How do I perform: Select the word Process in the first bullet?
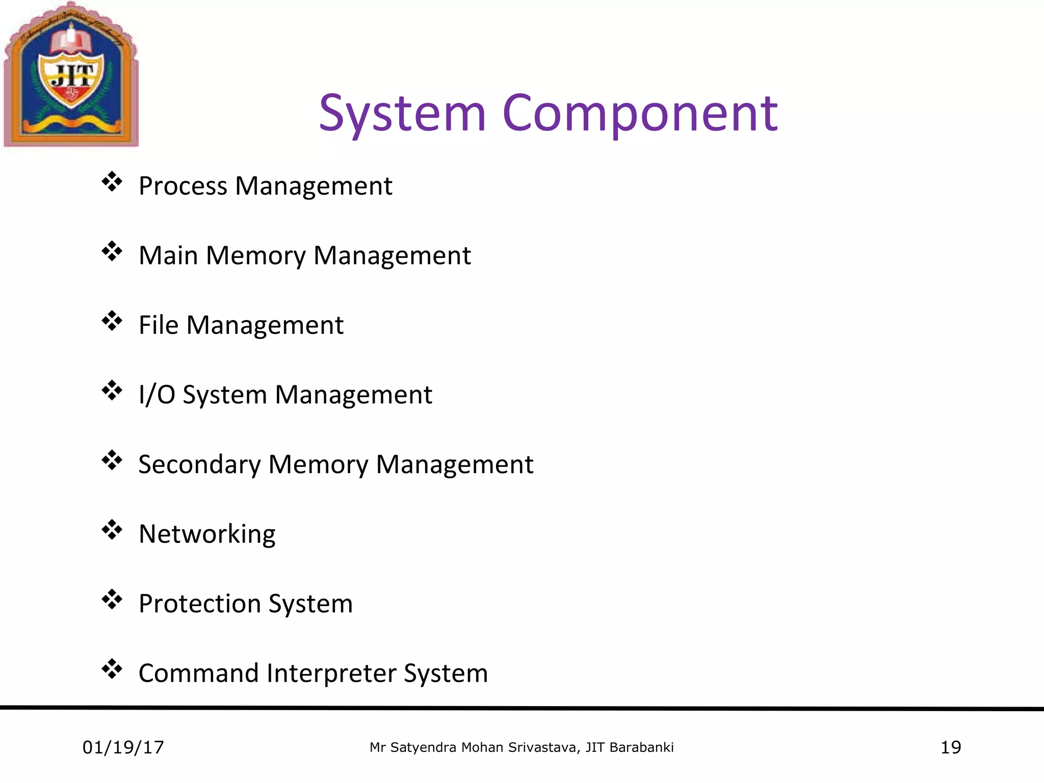tap(182, 186)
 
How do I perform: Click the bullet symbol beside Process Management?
tap(112, 181)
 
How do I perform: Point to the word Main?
tap(168, 255)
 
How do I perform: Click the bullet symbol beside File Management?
tap(112, 321)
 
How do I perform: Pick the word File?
tap(158, 325)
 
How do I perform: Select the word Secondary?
tap(199, 464)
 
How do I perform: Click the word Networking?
tap(207, 534)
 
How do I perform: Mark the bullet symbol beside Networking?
tap(112, 530)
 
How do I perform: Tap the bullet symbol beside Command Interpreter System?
tap(112, 669)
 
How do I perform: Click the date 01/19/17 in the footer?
tap(123, 747)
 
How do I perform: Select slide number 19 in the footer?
tap(951, 747)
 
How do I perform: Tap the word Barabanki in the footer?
tap(641, 747)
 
